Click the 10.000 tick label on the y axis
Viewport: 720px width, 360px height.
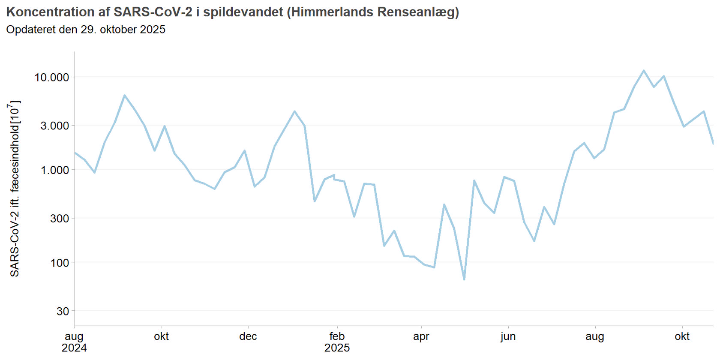coord(51,78)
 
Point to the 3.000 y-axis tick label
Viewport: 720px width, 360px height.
coord(54,126)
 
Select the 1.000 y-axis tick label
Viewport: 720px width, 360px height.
coord(54,170)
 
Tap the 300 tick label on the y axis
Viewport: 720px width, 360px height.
coord(59,219)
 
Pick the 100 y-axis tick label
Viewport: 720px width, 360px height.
coord(59,263)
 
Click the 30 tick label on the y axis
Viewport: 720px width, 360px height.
coord(63,311)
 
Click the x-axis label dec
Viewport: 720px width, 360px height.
coord(248,336)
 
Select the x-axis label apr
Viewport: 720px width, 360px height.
coord(421,336)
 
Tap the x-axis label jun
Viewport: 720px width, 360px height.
coord(508,336)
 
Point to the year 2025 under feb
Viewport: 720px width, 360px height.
coord(337,348)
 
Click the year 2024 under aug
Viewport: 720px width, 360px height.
coord(74,348)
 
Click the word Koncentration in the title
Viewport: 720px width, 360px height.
coord(50,12)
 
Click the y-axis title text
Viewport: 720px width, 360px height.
coord(15,189)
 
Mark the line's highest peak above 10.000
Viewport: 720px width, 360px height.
coord(644,71)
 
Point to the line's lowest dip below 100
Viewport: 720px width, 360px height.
coord(464,279)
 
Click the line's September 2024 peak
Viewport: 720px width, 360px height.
coord(125,95)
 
